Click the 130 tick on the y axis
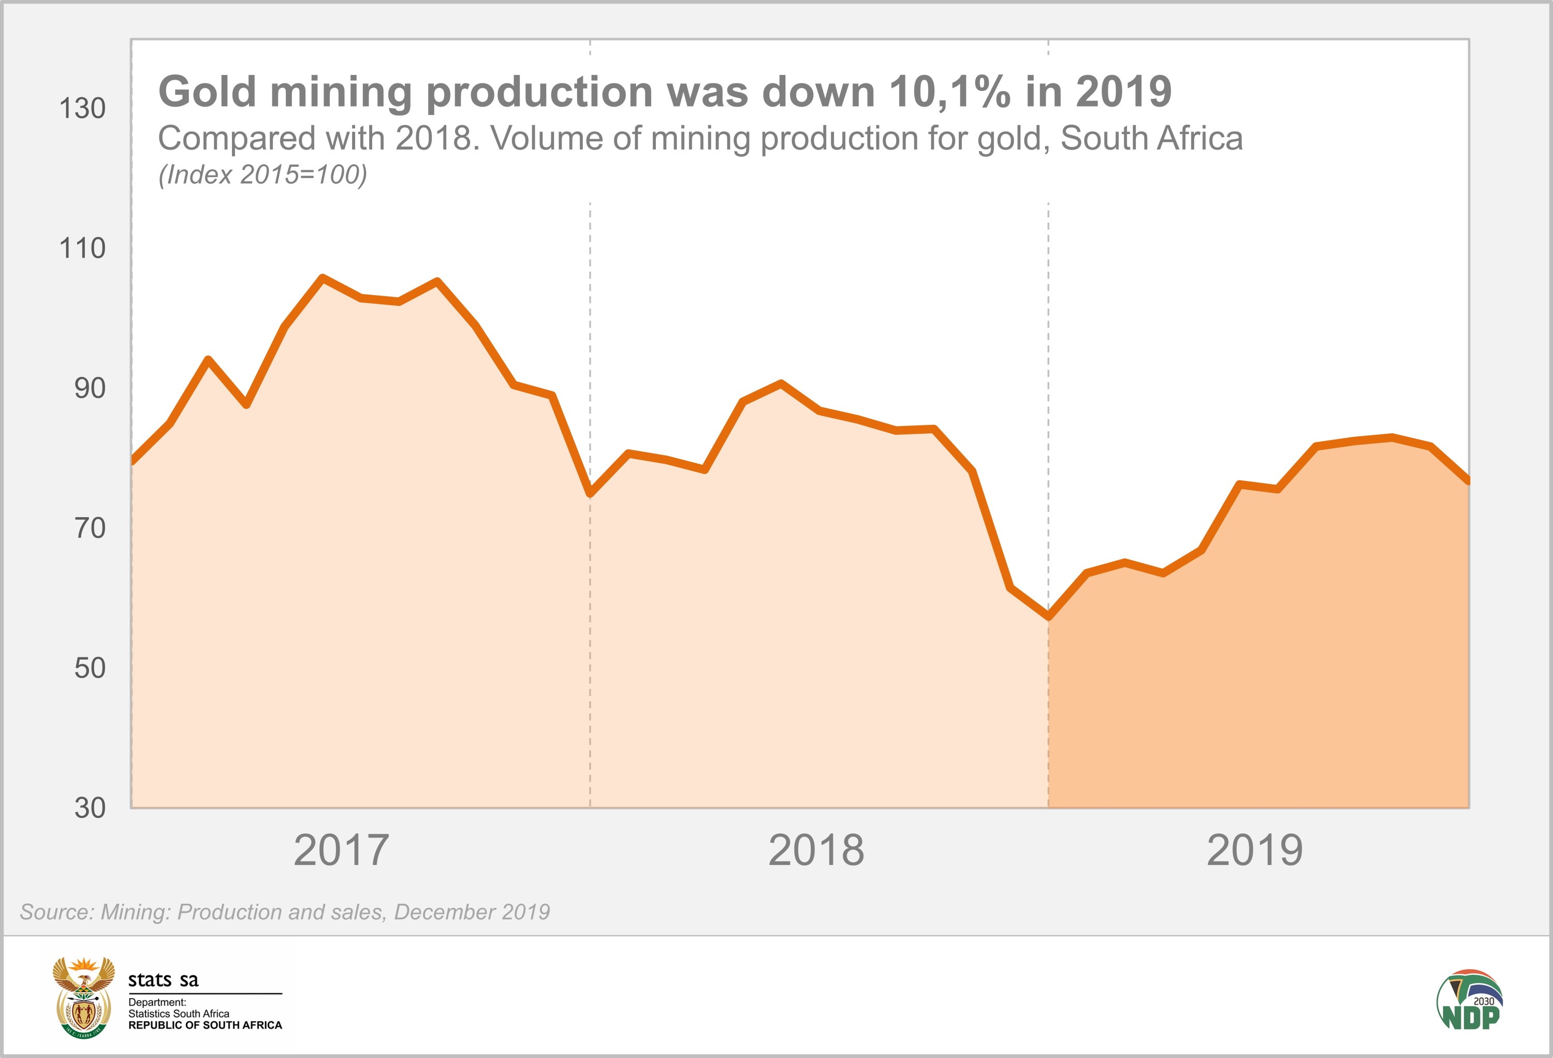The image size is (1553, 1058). click(82, 108)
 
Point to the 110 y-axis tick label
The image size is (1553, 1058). click(82, 248)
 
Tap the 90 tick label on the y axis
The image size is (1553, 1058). click(90, 388)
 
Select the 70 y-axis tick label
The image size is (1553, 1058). click(90, 528)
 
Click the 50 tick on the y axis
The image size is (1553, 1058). click(90, 668)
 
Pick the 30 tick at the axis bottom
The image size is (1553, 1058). click(90, 808)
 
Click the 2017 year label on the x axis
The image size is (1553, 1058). click(341, 850)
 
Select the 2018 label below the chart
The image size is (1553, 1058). click(816, 850)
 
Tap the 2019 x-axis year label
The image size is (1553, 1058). click(1254, 850)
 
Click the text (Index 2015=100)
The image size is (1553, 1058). click(262, 175)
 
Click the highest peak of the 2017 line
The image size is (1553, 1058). click(322, 277)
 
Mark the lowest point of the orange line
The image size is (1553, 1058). click(1048, 617)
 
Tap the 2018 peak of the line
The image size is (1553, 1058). click(781, 384)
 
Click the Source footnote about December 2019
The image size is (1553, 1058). click(285, 912)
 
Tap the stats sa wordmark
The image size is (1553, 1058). click(163, 980)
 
